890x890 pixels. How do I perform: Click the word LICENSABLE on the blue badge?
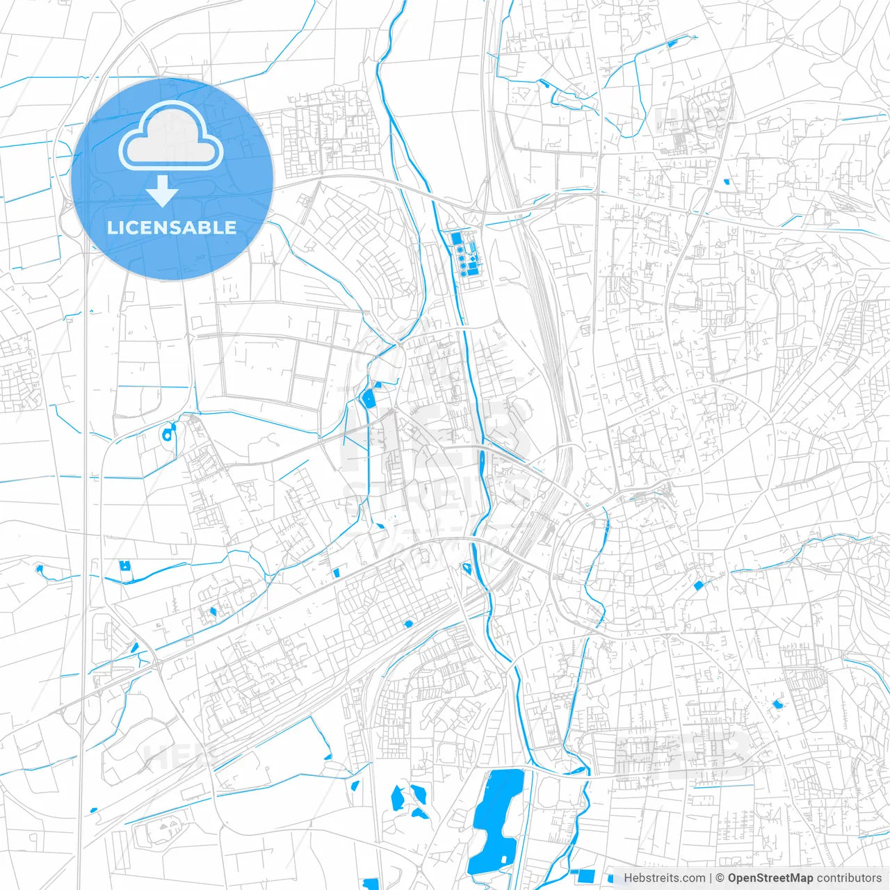point(172,227)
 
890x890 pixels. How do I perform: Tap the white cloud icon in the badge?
point(171,137)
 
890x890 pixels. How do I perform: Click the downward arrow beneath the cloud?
point(163,191)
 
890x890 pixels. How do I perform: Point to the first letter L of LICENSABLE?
point(111,227)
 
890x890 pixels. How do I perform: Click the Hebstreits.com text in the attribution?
point(664,878)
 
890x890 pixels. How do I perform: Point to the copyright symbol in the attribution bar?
point(720,878)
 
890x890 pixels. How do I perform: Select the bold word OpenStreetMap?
point(770,878)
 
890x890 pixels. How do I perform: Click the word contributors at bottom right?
point(849,878)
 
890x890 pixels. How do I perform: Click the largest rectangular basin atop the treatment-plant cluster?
point(457,238)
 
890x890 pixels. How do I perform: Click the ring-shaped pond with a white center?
point(168,435)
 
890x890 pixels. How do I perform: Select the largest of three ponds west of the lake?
point(397,797)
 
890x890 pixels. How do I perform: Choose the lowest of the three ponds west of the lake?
point(421,813)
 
